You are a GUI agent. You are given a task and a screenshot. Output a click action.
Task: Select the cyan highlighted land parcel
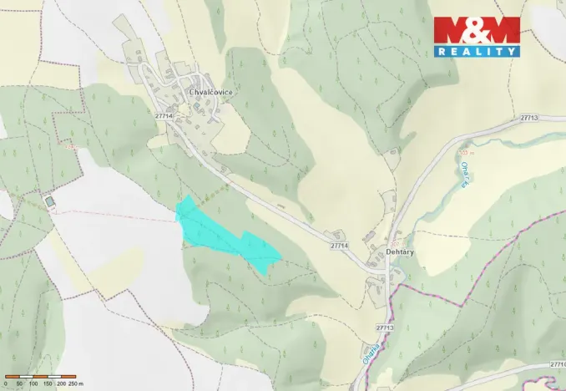225,235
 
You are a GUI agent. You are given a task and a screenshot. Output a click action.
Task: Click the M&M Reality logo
477,37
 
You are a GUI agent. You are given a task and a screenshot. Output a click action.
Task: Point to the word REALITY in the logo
477,51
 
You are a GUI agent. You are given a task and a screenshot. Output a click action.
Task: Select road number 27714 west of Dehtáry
339,246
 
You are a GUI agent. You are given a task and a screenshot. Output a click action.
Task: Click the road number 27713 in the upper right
528,119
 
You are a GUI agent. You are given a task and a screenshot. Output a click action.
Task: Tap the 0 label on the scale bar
5,383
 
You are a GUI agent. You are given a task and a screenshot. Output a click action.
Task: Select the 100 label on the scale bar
33,383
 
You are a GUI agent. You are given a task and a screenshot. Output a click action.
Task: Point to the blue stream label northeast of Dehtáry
464,175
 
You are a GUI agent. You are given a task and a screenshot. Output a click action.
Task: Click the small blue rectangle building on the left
50,201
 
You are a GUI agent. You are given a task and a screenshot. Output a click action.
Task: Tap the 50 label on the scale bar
18,383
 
